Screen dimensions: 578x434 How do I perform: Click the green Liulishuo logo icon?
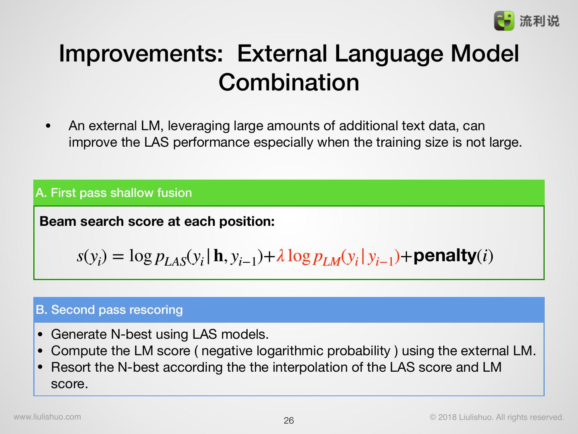504,21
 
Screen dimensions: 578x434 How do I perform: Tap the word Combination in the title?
289,82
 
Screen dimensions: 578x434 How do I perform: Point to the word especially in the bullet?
283,143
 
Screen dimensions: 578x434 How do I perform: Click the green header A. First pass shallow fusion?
289,192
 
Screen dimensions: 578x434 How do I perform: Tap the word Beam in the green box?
58,221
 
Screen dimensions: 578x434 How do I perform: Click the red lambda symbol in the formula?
281,255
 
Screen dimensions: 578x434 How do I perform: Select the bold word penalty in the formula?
445,256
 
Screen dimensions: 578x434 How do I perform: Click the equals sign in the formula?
118,256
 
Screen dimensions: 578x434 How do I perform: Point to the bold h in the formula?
218,255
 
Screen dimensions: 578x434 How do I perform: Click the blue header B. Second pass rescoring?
289,309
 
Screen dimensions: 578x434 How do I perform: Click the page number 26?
289,421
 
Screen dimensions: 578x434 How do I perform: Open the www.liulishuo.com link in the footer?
47,417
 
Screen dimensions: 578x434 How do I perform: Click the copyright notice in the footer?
497,417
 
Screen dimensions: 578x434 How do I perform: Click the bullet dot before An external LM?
48,126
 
